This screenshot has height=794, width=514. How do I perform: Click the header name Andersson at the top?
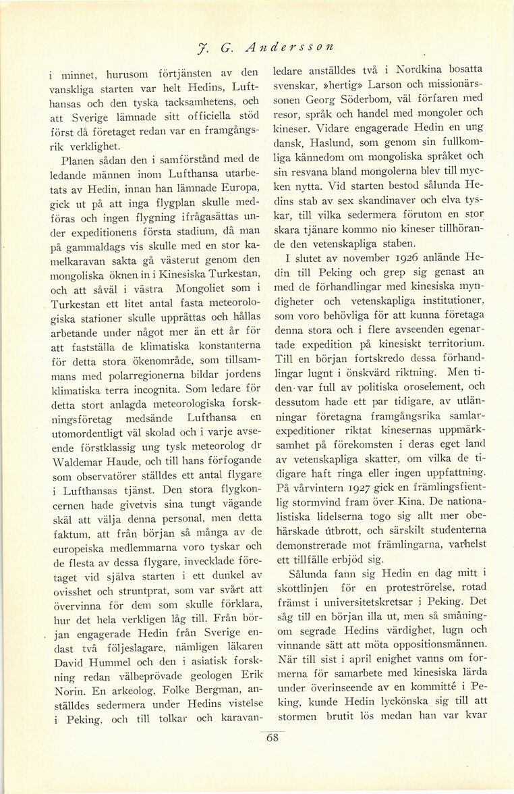[x=287, y=47]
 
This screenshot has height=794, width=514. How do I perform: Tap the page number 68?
[x=273, y=738]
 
